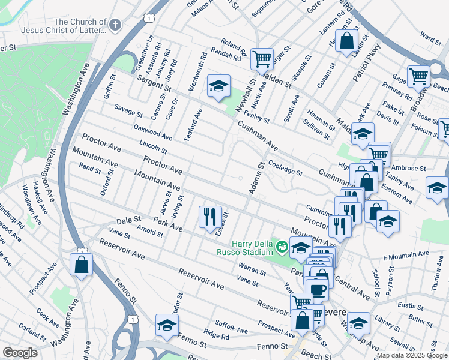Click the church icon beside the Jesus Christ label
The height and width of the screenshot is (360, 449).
[115, 25]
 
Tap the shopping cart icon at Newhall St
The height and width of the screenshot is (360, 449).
[262, 59]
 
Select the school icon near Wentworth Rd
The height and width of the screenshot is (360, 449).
[219, 86]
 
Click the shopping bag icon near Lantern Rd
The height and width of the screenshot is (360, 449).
[346, 41]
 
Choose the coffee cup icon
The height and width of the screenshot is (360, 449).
[318, 289]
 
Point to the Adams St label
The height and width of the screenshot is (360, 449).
[255, 178]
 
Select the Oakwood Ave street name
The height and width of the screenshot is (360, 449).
[152, 133]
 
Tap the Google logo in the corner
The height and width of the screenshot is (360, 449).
[20, 352]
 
